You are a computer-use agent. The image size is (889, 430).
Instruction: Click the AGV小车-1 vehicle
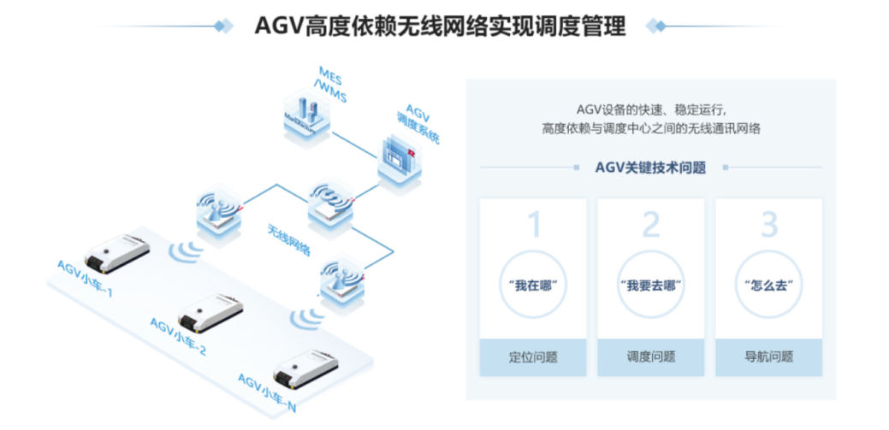click(116, 250)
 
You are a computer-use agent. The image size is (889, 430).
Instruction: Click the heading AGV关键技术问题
click(650, 168)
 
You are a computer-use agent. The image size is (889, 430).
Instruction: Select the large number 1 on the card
click(534, 226)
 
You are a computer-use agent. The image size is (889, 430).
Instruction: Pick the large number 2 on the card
click(651, 226)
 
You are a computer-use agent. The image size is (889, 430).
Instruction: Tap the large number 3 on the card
click(768, 226)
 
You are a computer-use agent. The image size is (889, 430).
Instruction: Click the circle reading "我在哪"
click(534, 284)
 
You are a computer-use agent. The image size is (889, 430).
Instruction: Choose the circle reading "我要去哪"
click(651, 284)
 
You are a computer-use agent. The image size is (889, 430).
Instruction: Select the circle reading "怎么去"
click(768, 284)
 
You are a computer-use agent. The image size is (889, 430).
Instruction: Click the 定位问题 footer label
click(534, 357)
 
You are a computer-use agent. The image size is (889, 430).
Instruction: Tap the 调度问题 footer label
click(651, 357)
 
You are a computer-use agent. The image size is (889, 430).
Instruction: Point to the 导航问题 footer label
click(768, 357)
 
